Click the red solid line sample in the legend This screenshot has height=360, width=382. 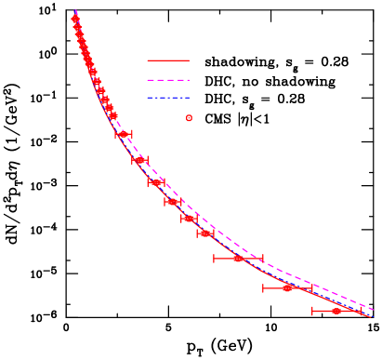click(167, 60)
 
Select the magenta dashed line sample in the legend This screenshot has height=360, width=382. click(167, 80)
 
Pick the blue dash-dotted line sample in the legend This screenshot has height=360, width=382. click(167, 98)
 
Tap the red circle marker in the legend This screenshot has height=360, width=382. click(189, 118)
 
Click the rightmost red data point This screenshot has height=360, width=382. click(336, 311)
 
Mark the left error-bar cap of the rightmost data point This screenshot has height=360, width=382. click(312, 311)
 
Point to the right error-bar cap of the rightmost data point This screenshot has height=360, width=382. click(361, 311)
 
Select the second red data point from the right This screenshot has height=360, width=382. click(287, 288)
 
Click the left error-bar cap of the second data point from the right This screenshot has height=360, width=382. click(264, 288)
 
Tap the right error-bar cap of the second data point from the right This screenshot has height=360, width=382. click(312, 288)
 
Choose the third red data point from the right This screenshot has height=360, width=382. click(238, 259)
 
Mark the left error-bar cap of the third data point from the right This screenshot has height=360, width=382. click(215, 259)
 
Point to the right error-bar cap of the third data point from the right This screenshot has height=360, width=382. click(263, 259)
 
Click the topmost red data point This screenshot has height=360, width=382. click(75, 19)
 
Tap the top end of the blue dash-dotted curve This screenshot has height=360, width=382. click(75, 10)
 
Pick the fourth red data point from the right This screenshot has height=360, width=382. click(205, 233)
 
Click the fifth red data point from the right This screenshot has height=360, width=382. click(189, 219)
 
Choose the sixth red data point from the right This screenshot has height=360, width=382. click(173, 202)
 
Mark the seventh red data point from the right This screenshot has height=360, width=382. click(156, 182)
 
